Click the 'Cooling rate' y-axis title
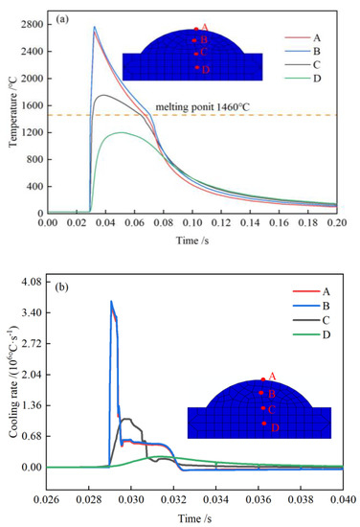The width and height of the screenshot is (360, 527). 12,374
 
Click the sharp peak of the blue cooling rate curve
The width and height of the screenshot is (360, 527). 111,302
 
